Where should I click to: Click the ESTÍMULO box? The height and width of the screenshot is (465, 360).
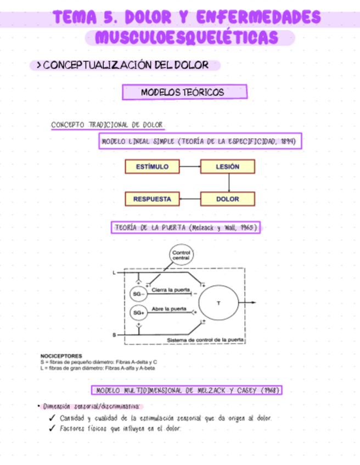click(x=152, y=166)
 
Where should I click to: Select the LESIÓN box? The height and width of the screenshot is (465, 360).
click(x=227, y=166)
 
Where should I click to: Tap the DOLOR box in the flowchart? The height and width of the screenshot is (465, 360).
click(x=227, y=199)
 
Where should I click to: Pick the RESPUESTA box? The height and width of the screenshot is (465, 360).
click(x=152, y=199)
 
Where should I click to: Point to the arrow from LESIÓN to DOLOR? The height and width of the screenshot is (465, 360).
click(x=228, y=183)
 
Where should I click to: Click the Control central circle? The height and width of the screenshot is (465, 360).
click(x=181, y=255)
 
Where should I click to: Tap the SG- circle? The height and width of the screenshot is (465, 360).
click(x=138, y=294)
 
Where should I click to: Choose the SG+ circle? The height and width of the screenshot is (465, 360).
click(x=138, y=313)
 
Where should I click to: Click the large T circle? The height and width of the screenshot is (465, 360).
click(x=219, y=303)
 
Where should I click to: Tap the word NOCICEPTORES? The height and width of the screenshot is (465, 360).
click(x=61, y=356)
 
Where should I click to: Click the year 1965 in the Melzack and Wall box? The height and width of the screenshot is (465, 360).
click(x=248, y=228)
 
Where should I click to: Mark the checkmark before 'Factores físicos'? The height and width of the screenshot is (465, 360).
click(x=52, y=429)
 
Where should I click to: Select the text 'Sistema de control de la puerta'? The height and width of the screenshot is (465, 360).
click(x=206, y=340)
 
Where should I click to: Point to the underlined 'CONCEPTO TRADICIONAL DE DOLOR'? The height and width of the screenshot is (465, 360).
click(x=107, y=125)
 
